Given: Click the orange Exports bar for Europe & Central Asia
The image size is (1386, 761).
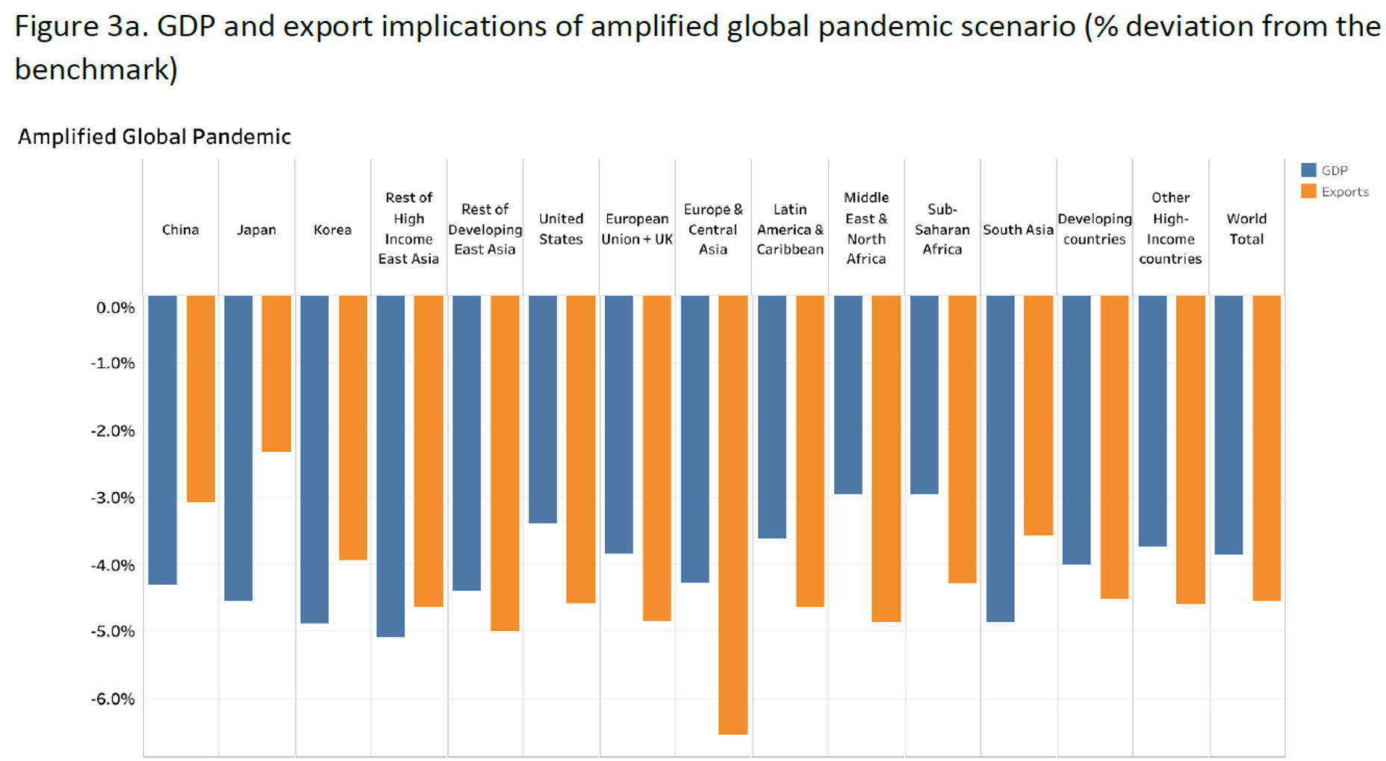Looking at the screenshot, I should (x=733, y=515).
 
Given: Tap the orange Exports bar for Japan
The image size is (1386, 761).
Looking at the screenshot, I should (x=276, y=373).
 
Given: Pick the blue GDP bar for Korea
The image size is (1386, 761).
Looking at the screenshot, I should (x=314, y=459).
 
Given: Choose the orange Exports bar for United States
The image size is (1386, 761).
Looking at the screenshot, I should (x=580, y=449).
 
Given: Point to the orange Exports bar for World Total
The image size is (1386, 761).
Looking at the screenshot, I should (x=1267, y=447).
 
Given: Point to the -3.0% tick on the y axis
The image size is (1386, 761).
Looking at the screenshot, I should (x=114, y=498).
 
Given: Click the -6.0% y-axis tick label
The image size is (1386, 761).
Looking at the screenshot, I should (x=114, y=699).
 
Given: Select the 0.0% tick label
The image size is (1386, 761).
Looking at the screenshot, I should (x=116, y=308).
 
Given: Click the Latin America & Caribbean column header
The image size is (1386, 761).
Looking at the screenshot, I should (x=789, y=229).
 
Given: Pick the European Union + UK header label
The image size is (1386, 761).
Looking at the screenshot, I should (x=637, y=229).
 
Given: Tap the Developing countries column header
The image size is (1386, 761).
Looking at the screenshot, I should (x=1094, y=229).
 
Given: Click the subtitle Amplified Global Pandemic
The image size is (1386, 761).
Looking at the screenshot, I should (x=154, y=137).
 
